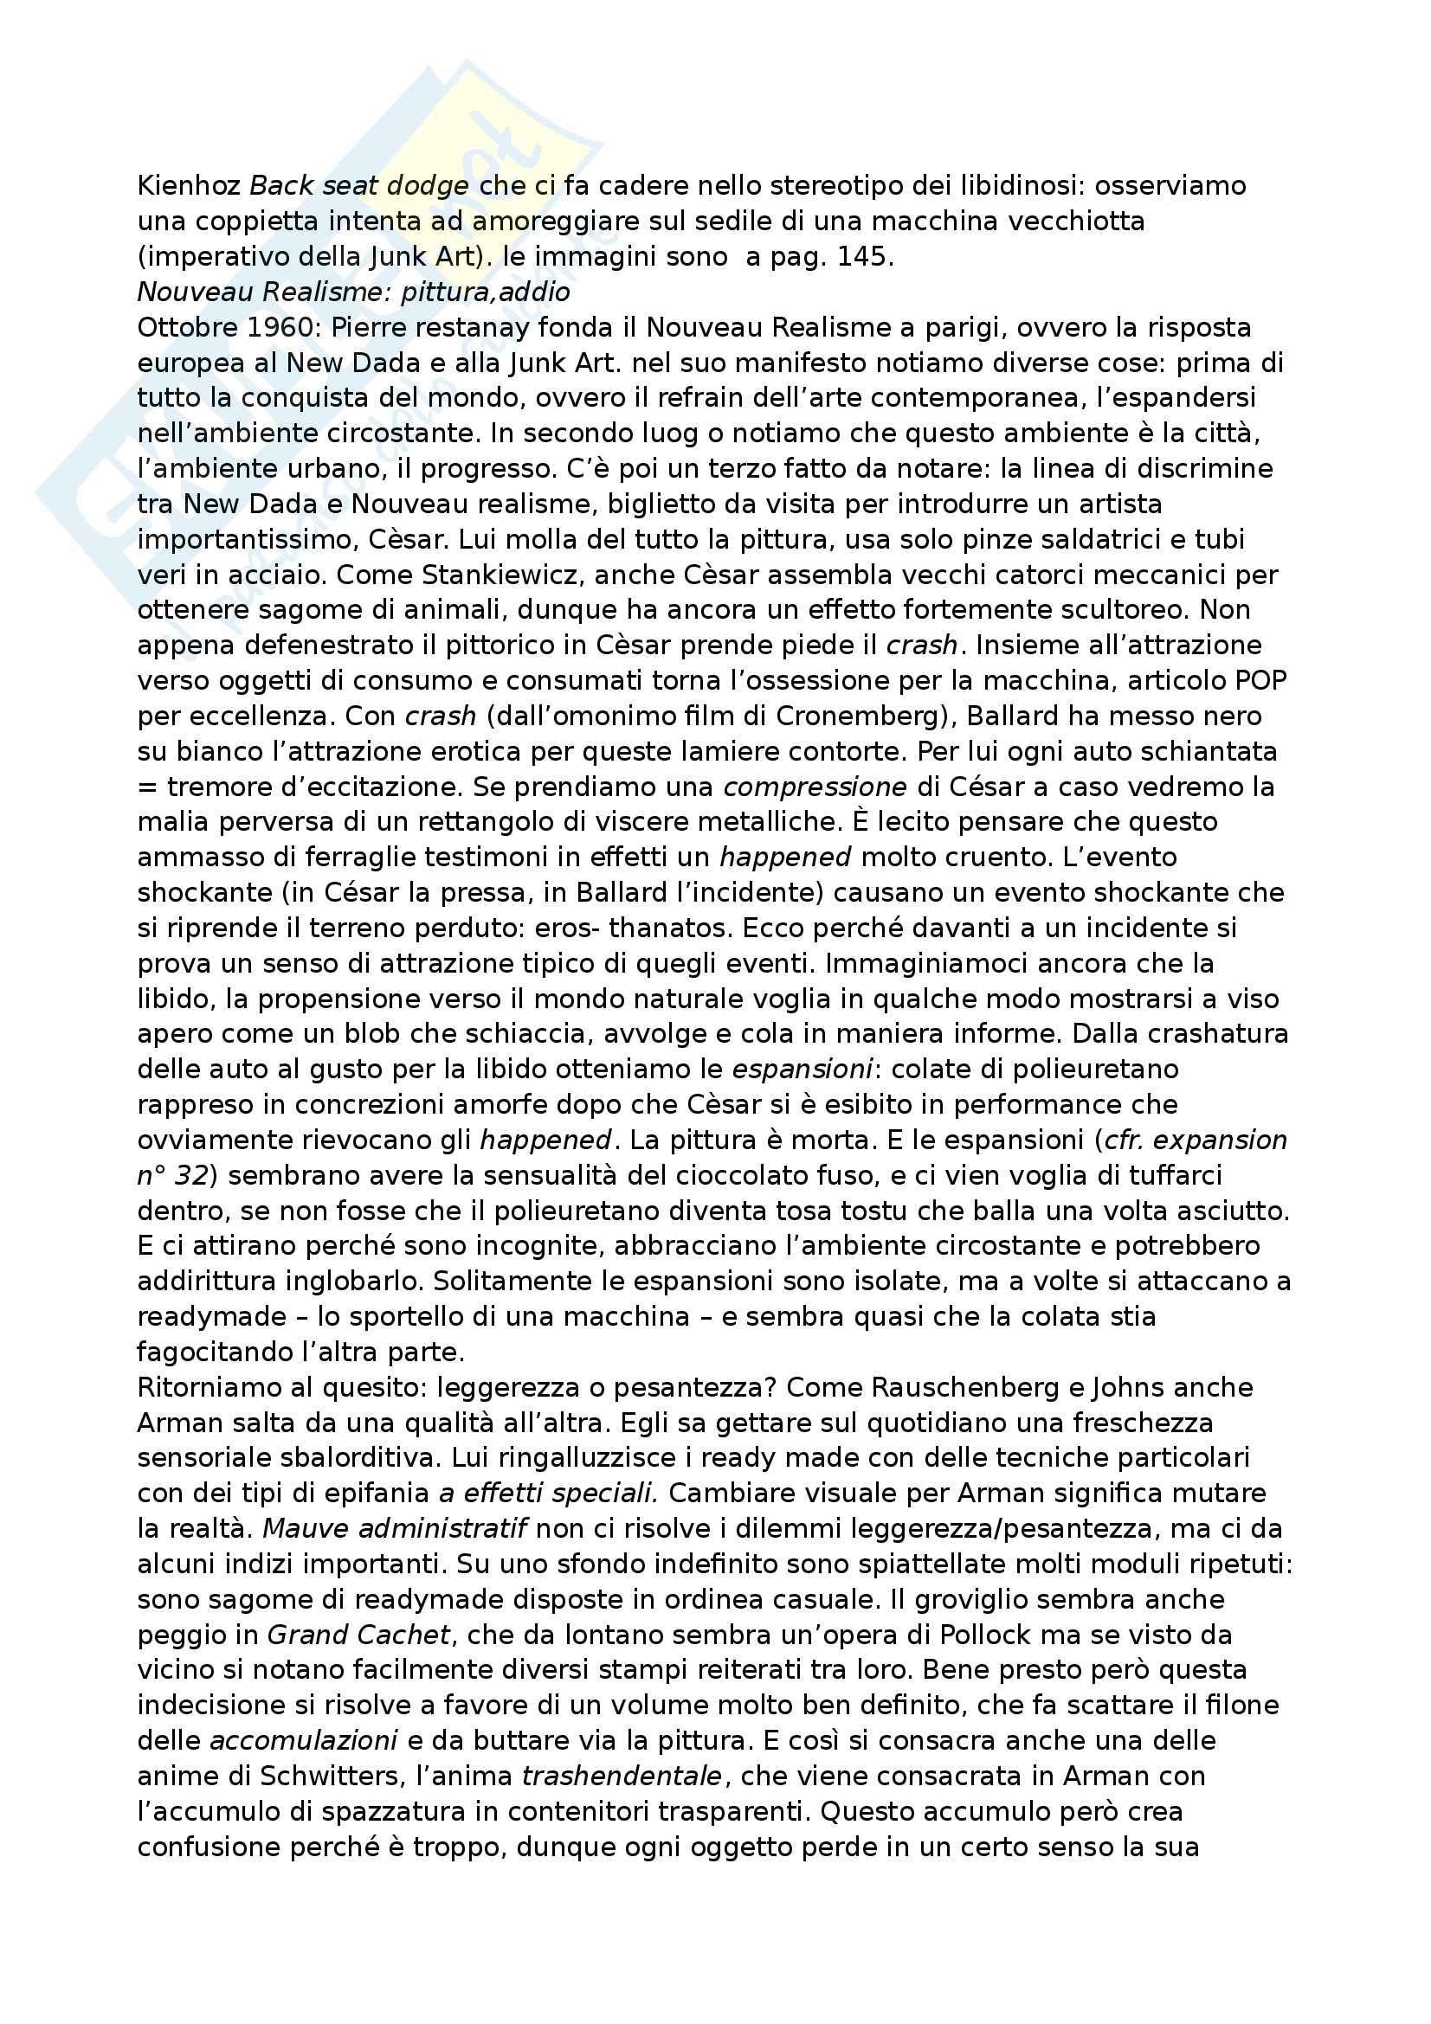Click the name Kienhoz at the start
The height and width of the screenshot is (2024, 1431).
[x=190, y=186]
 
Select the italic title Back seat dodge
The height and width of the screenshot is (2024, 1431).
[x=359, y=186]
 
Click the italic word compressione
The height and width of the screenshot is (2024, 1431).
[x=815, y=787]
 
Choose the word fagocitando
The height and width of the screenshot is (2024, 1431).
[x=216, y=1352]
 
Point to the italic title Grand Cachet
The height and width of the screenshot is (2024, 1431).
[x=358, y=1635]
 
